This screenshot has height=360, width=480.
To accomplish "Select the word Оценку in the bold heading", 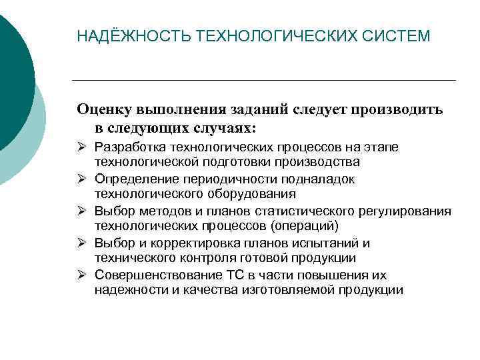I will (106, 109).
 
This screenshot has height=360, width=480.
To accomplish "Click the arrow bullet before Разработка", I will (83, 147).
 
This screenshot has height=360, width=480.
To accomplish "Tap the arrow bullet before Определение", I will (83, 179).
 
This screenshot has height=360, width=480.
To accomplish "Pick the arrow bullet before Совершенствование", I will (83, 275).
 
